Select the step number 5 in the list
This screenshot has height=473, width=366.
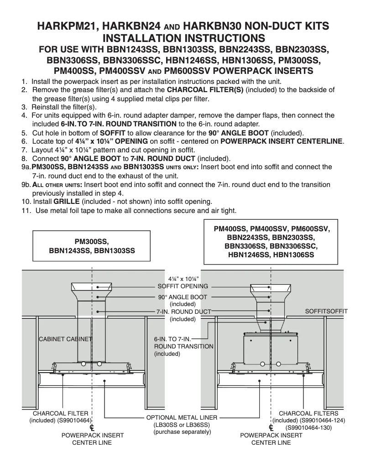coord(25,133)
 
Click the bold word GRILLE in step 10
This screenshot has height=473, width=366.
coord(67,201)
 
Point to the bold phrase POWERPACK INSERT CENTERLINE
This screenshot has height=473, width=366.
coord(282,141)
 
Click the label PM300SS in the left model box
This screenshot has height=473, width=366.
coord(92,242)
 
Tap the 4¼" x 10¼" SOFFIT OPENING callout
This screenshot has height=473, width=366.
coord(183,282)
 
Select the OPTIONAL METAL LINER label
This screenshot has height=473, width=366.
coord(182,417)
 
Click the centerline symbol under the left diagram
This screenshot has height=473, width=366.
coord(92,428)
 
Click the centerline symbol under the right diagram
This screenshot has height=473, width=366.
coord(271,428)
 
